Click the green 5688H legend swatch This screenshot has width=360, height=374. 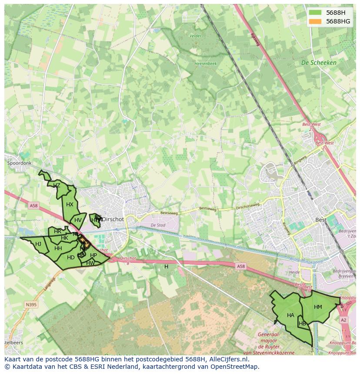[315, 13]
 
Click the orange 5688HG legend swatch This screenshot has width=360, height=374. [315, 21]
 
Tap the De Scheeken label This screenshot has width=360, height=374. [319, 63]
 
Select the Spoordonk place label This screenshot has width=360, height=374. [20, 163]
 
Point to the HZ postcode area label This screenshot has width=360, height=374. [57, 185]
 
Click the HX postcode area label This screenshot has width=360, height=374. [70, 205]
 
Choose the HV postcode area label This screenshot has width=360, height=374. [78, 220]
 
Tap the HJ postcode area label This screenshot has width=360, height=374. [38, 244]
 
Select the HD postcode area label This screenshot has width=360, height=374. [70, 258]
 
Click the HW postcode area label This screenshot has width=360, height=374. [90, 263]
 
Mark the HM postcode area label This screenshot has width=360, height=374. [318, 307]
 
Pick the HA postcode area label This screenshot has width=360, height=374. [290, 315]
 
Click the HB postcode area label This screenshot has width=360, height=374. [302, 324]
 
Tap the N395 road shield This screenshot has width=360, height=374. [31, 304]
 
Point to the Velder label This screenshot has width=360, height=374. [196, 36]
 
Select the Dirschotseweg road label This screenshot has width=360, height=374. [247, 205]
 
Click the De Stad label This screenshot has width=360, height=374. [158, 225]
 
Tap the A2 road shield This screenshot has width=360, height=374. [344, 320]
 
